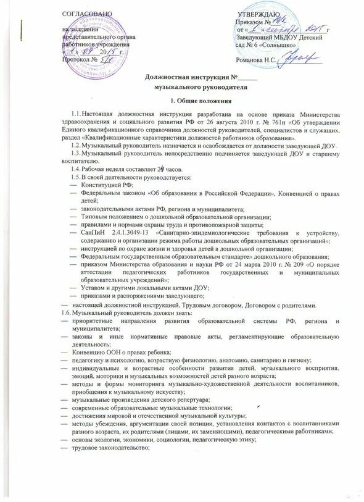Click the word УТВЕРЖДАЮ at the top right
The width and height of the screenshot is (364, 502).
click(x=259, y=14)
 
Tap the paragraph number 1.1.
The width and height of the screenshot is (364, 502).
click(x=76, y=114)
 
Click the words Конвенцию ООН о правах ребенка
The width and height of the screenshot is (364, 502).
click(x=122, y=351)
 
